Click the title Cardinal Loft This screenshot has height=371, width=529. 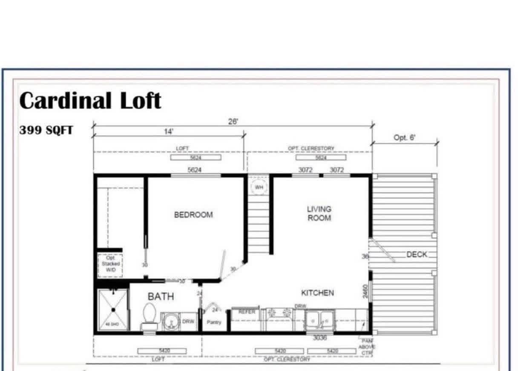click(90, 101)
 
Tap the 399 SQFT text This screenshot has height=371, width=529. click(46, 130)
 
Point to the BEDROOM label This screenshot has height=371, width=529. click(193, 215)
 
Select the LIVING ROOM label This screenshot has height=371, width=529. click(319, 213)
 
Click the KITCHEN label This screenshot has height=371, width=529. click(317, 293)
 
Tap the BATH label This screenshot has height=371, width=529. click(161, 296)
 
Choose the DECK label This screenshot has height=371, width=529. click(417, 255)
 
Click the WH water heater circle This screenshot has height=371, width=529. click(259, 187)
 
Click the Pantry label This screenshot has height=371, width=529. click(214, 322)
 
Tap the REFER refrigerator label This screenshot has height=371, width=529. click(247, 312)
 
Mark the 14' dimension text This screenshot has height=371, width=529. click(169, 132)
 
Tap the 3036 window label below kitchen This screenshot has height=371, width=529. click(319, 338)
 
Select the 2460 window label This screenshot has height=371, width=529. click(365, 292)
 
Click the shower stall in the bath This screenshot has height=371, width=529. click(113, 310)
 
